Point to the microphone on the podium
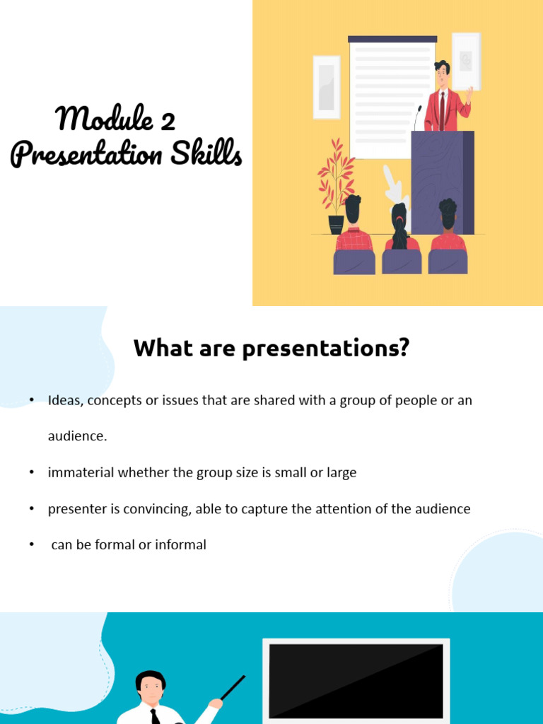(x=418, y=117)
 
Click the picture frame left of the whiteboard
(x=326, y=87)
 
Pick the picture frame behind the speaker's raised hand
(x=465, y=61)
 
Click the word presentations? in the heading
(x=326, y=349)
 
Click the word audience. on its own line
(x=77, y=437)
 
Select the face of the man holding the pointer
(x=150, y=687)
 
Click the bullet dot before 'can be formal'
(x=32, y=545)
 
